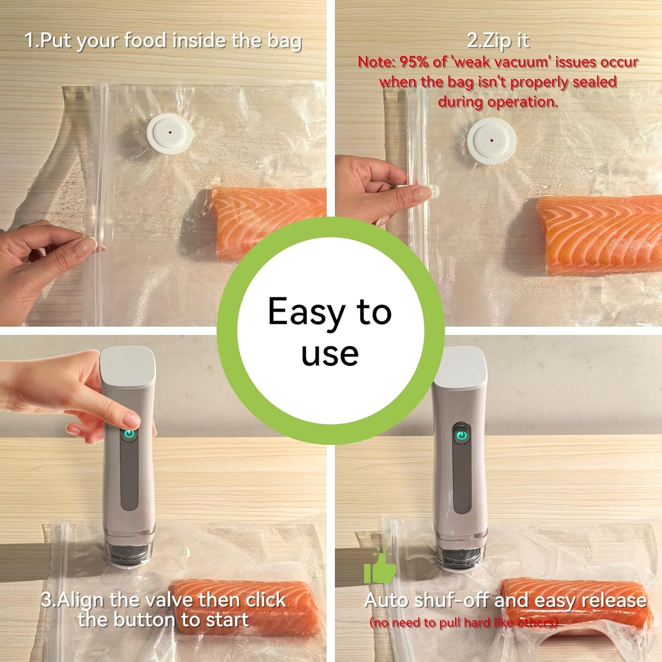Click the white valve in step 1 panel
coord(170,133)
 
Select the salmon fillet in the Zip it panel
coord(600,234)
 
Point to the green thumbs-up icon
coord(379,567)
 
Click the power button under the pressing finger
coord(130,434)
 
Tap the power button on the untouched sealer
coord(462,435)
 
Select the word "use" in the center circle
coord(330,354)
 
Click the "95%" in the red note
coord(414,62)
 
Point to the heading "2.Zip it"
coord(498,41)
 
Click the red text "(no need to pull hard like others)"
coord(464,623)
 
